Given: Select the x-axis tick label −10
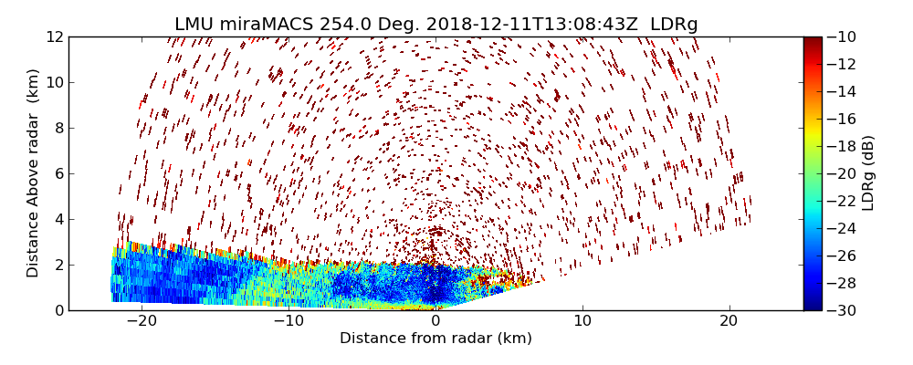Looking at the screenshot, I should [x=289, y=321].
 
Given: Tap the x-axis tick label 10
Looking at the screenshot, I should [x=582, y=321].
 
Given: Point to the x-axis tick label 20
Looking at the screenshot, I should [x=729, y=321].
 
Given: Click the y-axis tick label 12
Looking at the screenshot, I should [x=54, y=36].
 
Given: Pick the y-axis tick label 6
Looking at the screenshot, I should [x=58, y=173].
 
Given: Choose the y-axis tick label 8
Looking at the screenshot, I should [x=58, y=128].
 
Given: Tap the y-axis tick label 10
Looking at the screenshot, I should [x=54, y=82].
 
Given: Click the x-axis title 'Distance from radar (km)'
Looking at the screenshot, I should [x=436, y=339].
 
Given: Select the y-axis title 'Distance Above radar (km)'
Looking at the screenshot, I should [x=33, y=173].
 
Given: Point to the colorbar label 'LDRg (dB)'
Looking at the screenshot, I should [x=868, y=173].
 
